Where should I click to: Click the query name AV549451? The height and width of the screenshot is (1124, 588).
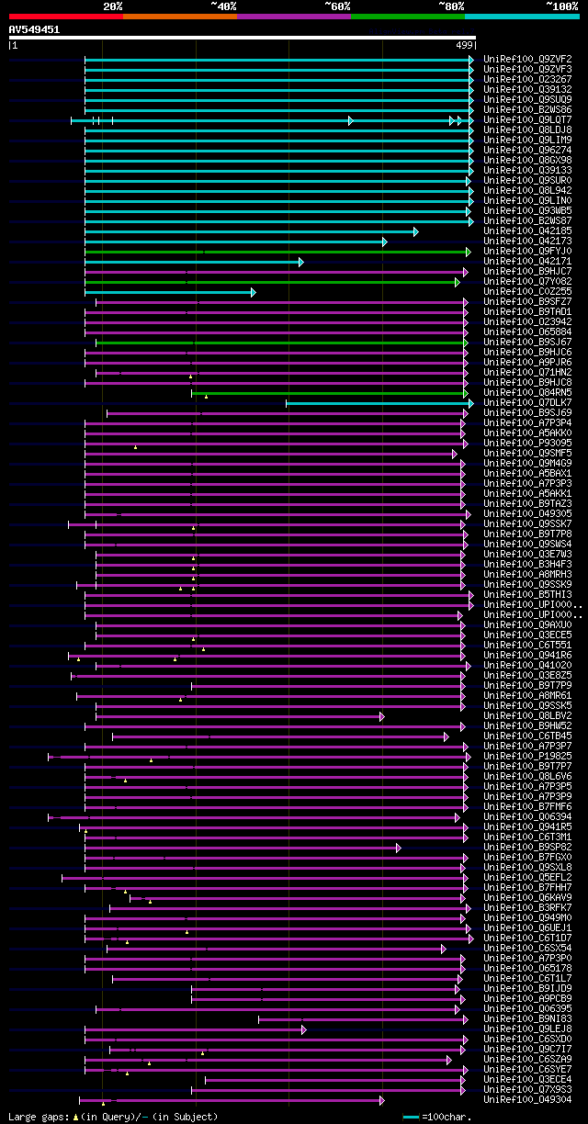34,29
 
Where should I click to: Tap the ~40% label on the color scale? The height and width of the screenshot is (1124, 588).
223,6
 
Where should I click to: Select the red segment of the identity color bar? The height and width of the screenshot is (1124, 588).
65,16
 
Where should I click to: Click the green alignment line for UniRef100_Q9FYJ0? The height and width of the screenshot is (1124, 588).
276,252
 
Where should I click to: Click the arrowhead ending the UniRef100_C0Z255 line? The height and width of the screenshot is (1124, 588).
253,292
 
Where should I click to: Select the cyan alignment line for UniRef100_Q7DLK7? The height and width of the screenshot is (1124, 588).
377,403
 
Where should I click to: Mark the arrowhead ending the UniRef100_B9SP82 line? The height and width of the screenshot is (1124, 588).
398,848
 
